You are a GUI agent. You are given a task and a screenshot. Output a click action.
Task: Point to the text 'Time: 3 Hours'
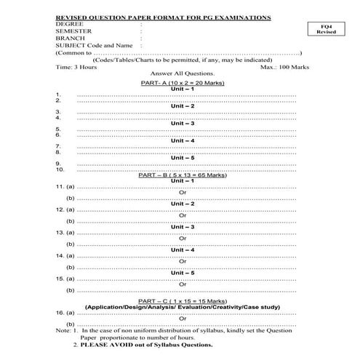click(x=76, y=66)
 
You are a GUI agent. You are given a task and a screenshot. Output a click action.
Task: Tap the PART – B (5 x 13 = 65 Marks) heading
click(x=182, y=175)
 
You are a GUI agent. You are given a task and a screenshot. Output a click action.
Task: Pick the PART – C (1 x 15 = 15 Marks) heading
click(x=182, y=300)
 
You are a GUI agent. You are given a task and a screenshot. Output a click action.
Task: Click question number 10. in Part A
click(x=60, y=169)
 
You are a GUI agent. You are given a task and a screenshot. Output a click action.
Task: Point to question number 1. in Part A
click(x=57, y=95)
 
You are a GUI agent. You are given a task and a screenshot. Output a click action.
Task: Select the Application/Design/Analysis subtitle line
click(x=182, y=306)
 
